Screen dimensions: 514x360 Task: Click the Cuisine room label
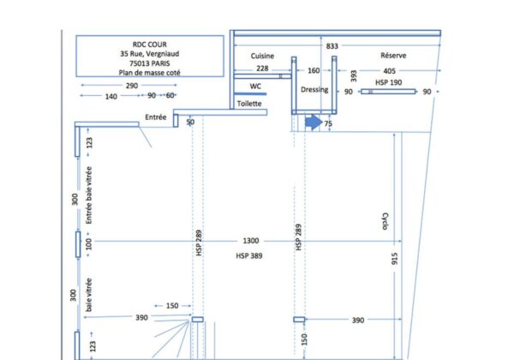(262, 56)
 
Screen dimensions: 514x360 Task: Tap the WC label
(255, 87)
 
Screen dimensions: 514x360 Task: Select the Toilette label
(249, 104)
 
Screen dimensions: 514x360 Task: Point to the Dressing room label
(314, 89)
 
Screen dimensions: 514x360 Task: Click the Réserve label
(393, 56)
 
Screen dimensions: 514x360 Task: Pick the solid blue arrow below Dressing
(314, 122)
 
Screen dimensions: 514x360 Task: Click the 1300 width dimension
(251, 241)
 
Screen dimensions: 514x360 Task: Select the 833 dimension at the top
(332, 46)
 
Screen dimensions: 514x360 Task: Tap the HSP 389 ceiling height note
(249, 255)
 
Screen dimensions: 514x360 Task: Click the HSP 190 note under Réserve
(388, 82)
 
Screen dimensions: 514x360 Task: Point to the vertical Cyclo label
(385, 221)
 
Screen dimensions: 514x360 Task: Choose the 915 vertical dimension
(394, 258)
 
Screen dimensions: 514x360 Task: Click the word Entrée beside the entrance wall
(156, 117)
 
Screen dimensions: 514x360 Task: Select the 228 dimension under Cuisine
(262, 69)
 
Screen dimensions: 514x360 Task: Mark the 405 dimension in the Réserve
(389, 71)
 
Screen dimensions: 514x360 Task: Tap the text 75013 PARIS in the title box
(149, 63)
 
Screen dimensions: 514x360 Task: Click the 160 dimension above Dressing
(314, 70)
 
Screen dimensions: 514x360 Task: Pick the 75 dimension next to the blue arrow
(328, 123)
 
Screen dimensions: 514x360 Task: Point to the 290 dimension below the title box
(132, 86)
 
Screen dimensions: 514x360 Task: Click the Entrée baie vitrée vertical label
(88, 195)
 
